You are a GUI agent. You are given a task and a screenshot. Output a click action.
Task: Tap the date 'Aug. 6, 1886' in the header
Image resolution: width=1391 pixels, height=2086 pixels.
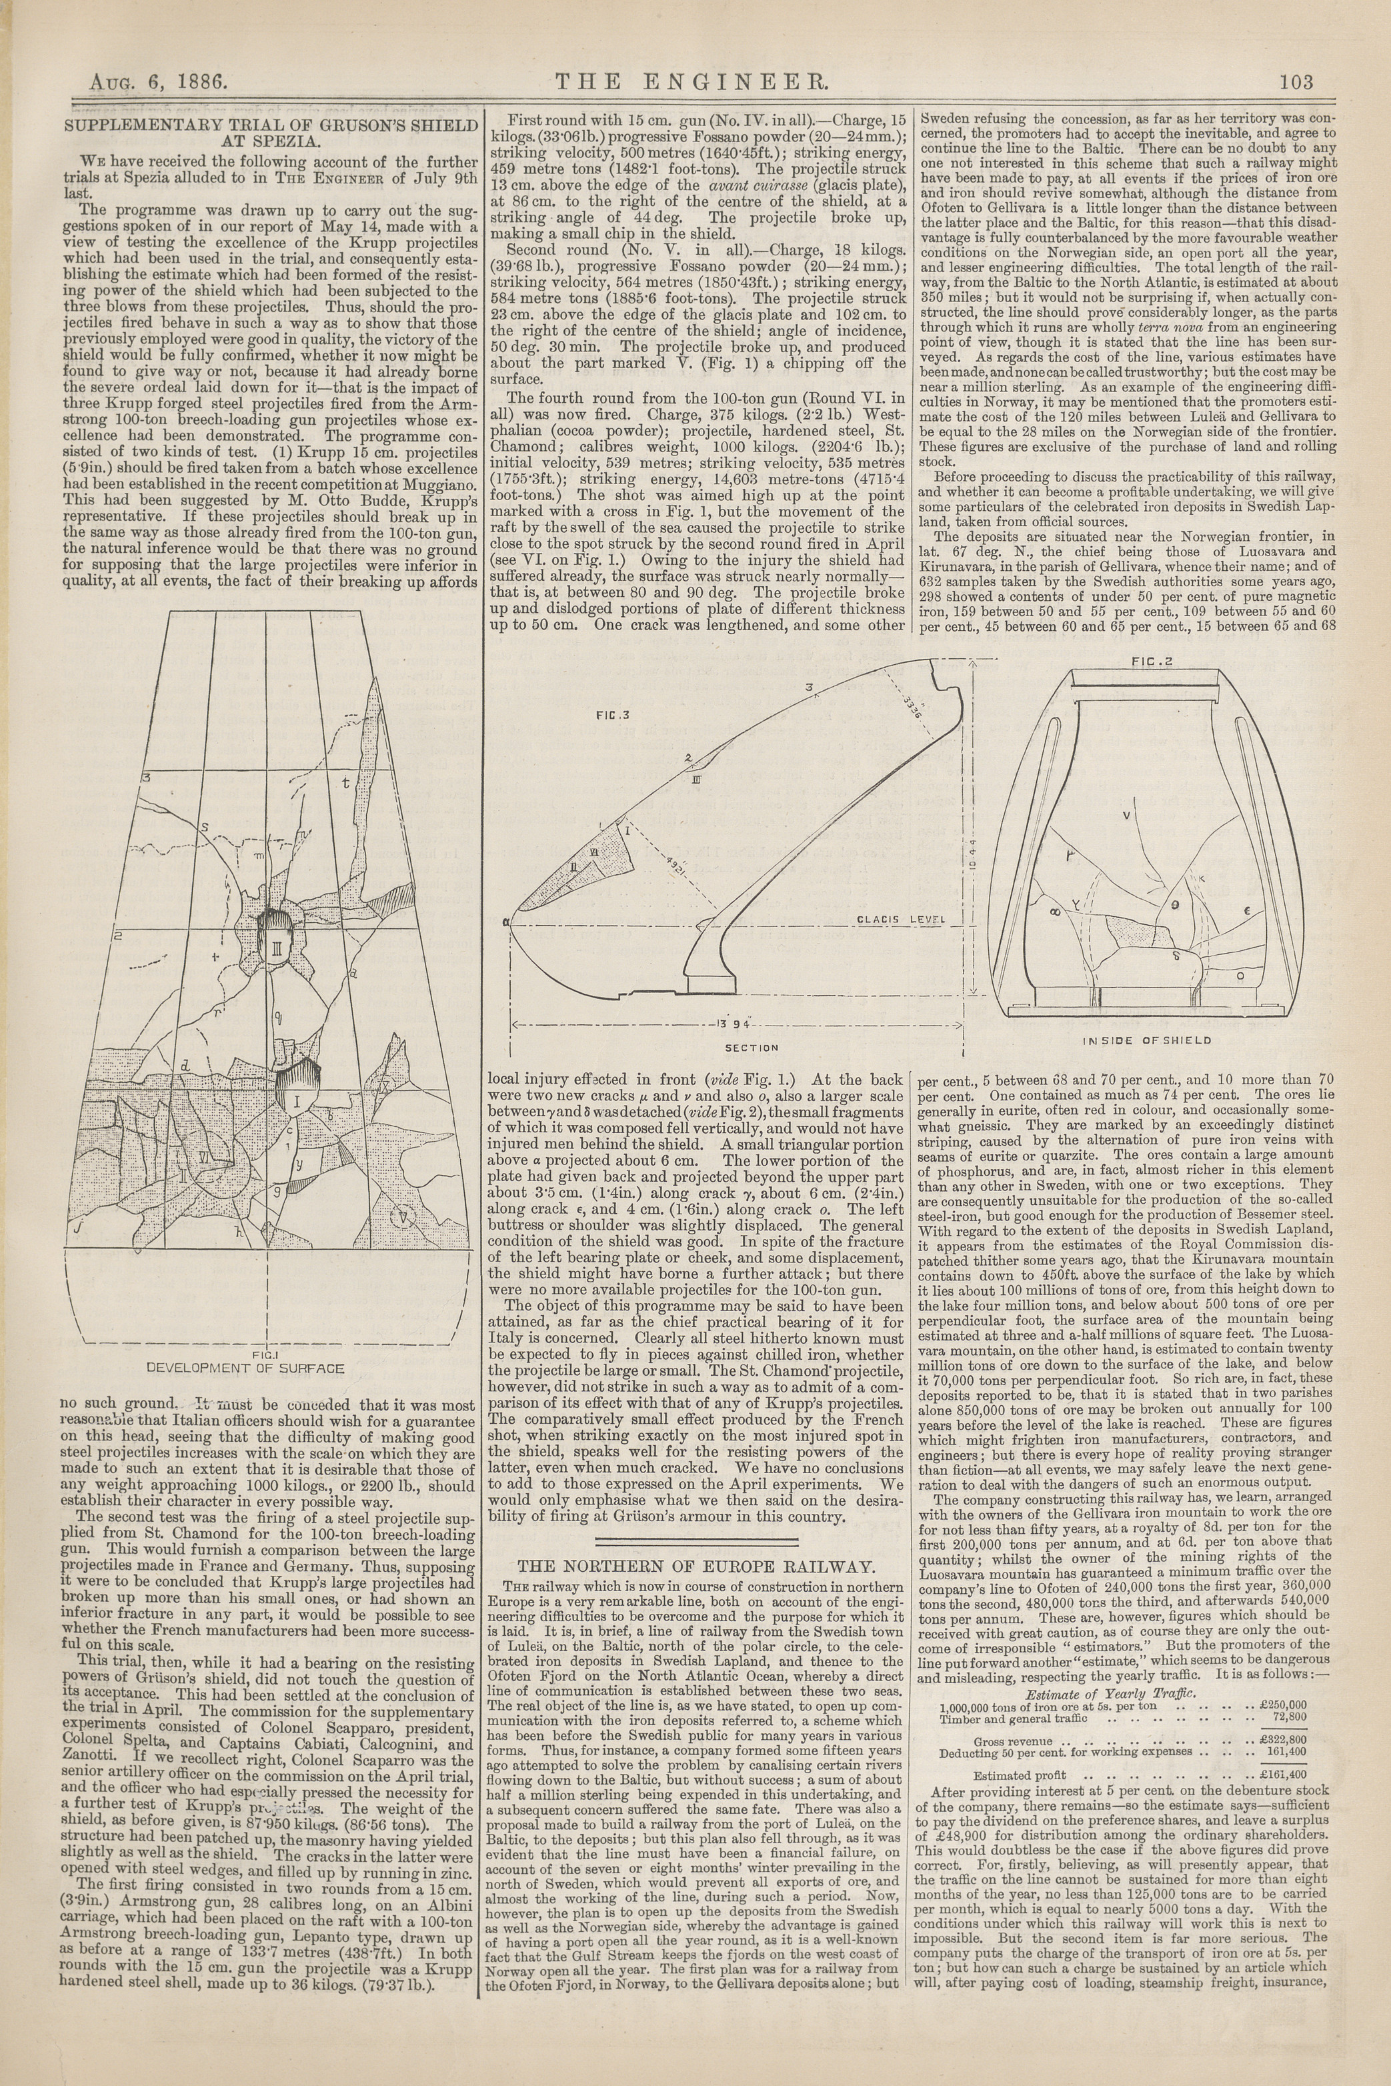pos(159,83)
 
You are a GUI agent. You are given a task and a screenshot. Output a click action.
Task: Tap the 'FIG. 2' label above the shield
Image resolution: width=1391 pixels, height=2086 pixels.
pos(1152,661)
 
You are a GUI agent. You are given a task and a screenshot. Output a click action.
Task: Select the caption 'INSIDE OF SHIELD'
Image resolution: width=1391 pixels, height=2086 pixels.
pos(1147,1040)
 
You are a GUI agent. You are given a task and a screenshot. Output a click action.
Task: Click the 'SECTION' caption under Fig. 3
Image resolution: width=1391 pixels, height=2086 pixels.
pos(752,1048)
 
